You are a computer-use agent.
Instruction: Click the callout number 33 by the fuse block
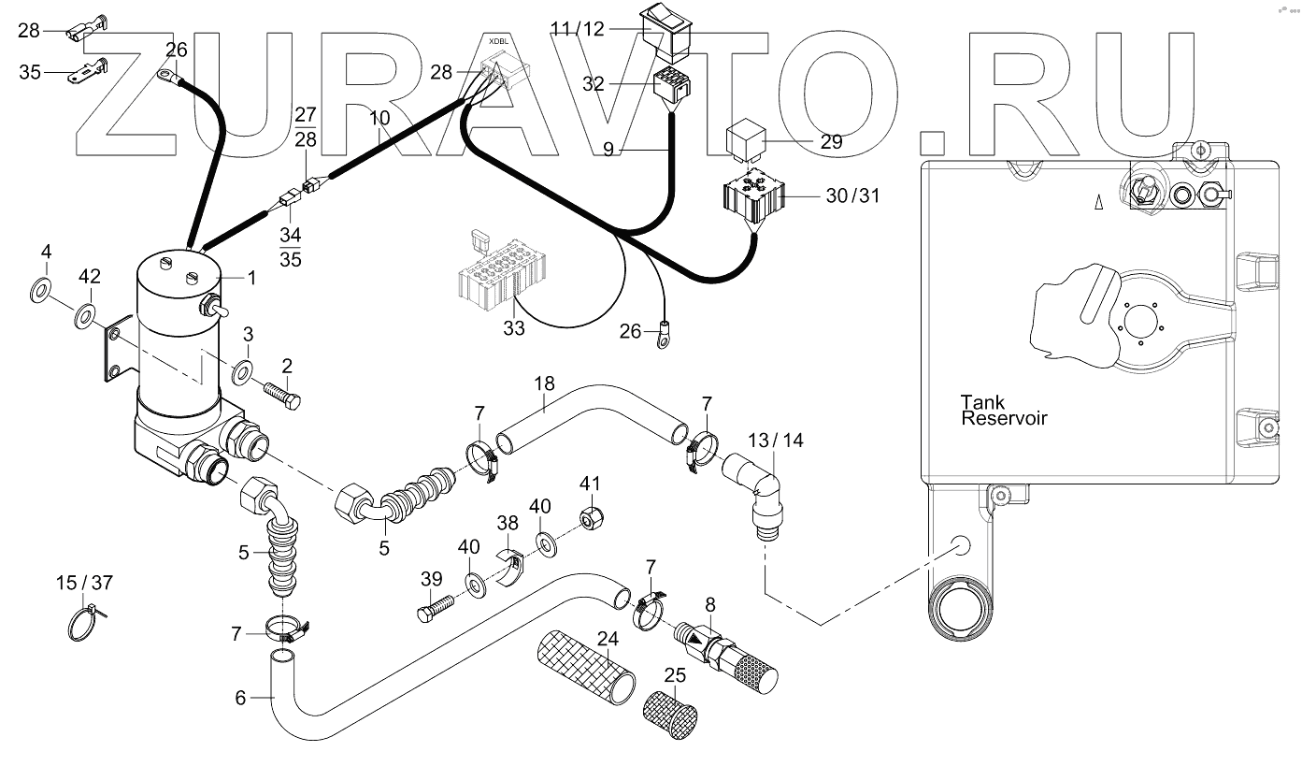coord(514,328)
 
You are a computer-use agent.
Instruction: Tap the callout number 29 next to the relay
coord(831,142)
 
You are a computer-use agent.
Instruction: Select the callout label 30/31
coord(853,196)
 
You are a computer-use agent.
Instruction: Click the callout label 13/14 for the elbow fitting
coord(776,440)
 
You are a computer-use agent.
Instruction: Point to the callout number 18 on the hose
coord(544,383)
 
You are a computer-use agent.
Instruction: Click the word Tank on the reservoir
coord(983,402)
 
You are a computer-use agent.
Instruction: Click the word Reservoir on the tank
coord(1004,418)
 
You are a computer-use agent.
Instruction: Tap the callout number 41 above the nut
coord(588,484)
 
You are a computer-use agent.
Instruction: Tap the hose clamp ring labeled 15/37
coord(83,623)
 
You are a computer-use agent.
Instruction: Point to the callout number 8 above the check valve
coord(710,603)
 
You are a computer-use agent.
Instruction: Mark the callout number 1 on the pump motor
coord(251,278)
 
